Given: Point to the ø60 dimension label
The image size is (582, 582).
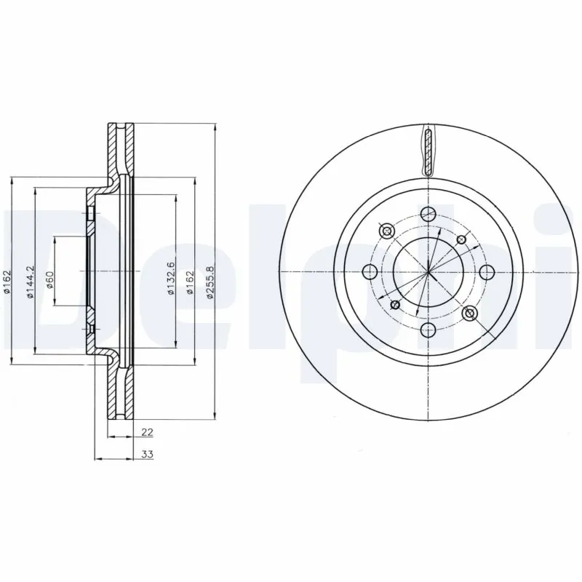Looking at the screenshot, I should [49, 279].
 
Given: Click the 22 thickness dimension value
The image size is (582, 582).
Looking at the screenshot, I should [146, 432].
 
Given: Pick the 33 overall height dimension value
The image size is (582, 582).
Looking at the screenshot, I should [146, 455].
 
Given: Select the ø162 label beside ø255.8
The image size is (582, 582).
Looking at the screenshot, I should [191, 279].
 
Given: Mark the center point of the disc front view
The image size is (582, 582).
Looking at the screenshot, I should [428, 272].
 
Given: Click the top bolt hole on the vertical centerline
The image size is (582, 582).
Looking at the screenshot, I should [428, 213].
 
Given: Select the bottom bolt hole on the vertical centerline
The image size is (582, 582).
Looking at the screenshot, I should [428, 332].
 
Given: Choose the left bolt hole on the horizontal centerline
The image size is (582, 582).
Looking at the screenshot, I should [369, 273].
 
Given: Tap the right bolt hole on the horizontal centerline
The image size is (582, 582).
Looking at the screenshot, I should [487, 272].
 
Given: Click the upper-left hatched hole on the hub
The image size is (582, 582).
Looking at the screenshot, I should [386, 231].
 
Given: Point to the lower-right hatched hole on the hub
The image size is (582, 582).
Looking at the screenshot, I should [470, 314].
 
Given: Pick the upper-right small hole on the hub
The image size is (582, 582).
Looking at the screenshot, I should [460, 240].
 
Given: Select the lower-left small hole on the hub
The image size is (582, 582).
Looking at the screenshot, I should [396, 304].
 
